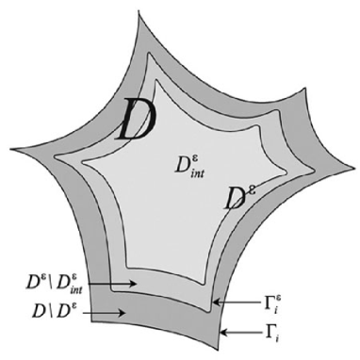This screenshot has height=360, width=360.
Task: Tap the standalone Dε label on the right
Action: click(237, 197)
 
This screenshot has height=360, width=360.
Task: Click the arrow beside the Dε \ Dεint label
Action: click(121, 282)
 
